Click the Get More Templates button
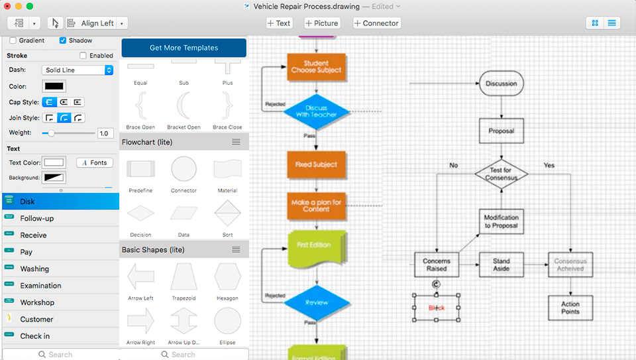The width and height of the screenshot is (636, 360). [x=184, y=48]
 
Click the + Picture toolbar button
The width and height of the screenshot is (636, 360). [x=322, y=23]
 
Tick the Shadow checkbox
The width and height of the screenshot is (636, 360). [x=64, y=40]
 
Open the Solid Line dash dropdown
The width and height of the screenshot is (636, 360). [x=78, y=70]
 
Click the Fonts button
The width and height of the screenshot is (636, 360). [x=95, y=162]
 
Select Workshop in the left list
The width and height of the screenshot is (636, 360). [x=37, y=302]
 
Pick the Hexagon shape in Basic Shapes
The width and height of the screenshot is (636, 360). [x=227, y=277]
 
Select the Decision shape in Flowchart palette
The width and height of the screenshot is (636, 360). [x=140, y=213]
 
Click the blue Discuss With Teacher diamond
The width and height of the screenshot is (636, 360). [x=316, y=111]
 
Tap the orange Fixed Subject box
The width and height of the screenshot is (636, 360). [x=316, y=164]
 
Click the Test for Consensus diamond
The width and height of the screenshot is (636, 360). [x=501, y=174]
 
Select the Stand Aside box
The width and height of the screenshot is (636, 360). [x=501, y=265]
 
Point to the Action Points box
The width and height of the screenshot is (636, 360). [x=570, y=308]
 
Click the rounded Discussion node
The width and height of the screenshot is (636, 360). [x=501, y=84]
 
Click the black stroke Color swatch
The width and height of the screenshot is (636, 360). [x=54, y=86]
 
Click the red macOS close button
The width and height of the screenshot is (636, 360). [x=7, y=6]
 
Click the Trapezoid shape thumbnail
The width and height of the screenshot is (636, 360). [x=184, y=277]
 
